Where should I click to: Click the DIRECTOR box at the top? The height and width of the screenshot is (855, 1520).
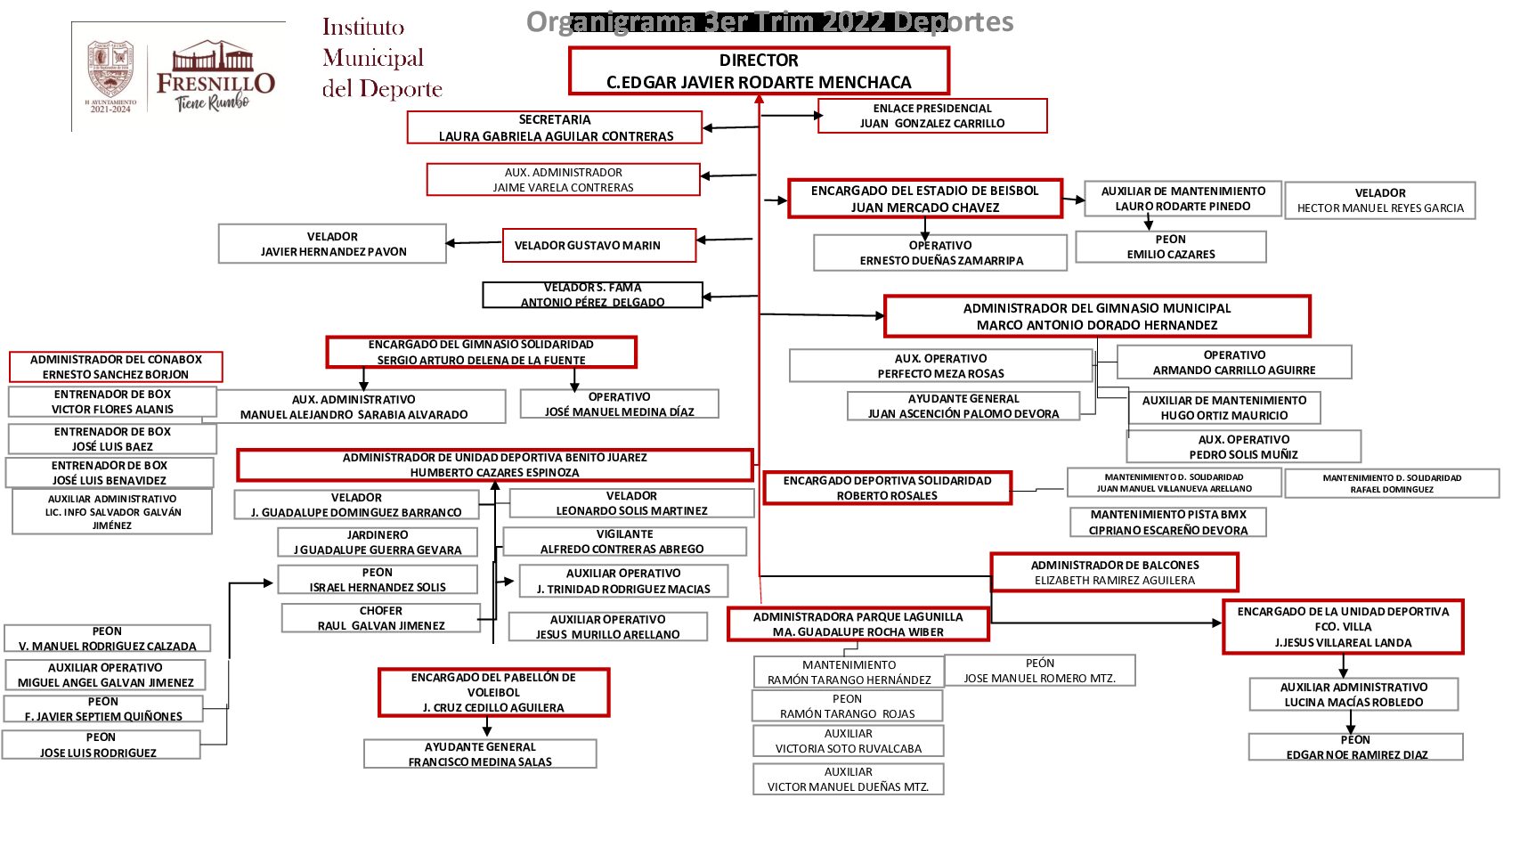click(759, 71)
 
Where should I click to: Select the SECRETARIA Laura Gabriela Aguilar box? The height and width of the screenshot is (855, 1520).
click(555, 127)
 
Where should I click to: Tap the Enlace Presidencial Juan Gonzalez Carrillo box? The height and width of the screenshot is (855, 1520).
click(931, 116)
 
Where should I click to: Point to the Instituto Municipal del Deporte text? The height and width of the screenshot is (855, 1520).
click(381, 59)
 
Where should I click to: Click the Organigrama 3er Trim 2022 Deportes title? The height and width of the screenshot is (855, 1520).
click(769, 21)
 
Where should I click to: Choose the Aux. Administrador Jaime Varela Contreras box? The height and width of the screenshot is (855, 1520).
click(563, 180)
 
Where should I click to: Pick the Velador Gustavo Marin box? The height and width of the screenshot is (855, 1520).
click(598, 245)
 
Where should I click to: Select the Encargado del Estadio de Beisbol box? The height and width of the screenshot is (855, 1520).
click(924, 199)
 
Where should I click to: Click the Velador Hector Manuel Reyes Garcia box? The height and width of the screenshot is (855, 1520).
click(1379, 200)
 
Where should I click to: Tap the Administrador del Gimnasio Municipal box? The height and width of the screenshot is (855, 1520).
click(1096, 316)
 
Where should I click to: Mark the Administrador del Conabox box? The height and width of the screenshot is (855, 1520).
click(116, 367)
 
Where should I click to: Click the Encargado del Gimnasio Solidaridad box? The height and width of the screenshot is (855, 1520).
click(481, 352)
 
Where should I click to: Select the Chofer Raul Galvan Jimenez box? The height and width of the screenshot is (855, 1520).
click(380, 618)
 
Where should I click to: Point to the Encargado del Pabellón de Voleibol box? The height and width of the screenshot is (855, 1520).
click(493, 692)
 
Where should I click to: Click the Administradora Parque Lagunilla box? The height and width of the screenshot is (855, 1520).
click(858, 624)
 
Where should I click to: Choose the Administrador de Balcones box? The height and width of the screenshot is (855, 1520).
click(1114, 573)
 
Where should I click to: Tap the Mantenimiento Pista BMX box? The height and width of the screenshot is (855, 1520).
click(1167, 522)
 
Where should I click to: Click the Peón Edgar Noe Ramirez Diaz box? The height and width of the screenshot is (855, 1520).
click(1355, 747)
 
